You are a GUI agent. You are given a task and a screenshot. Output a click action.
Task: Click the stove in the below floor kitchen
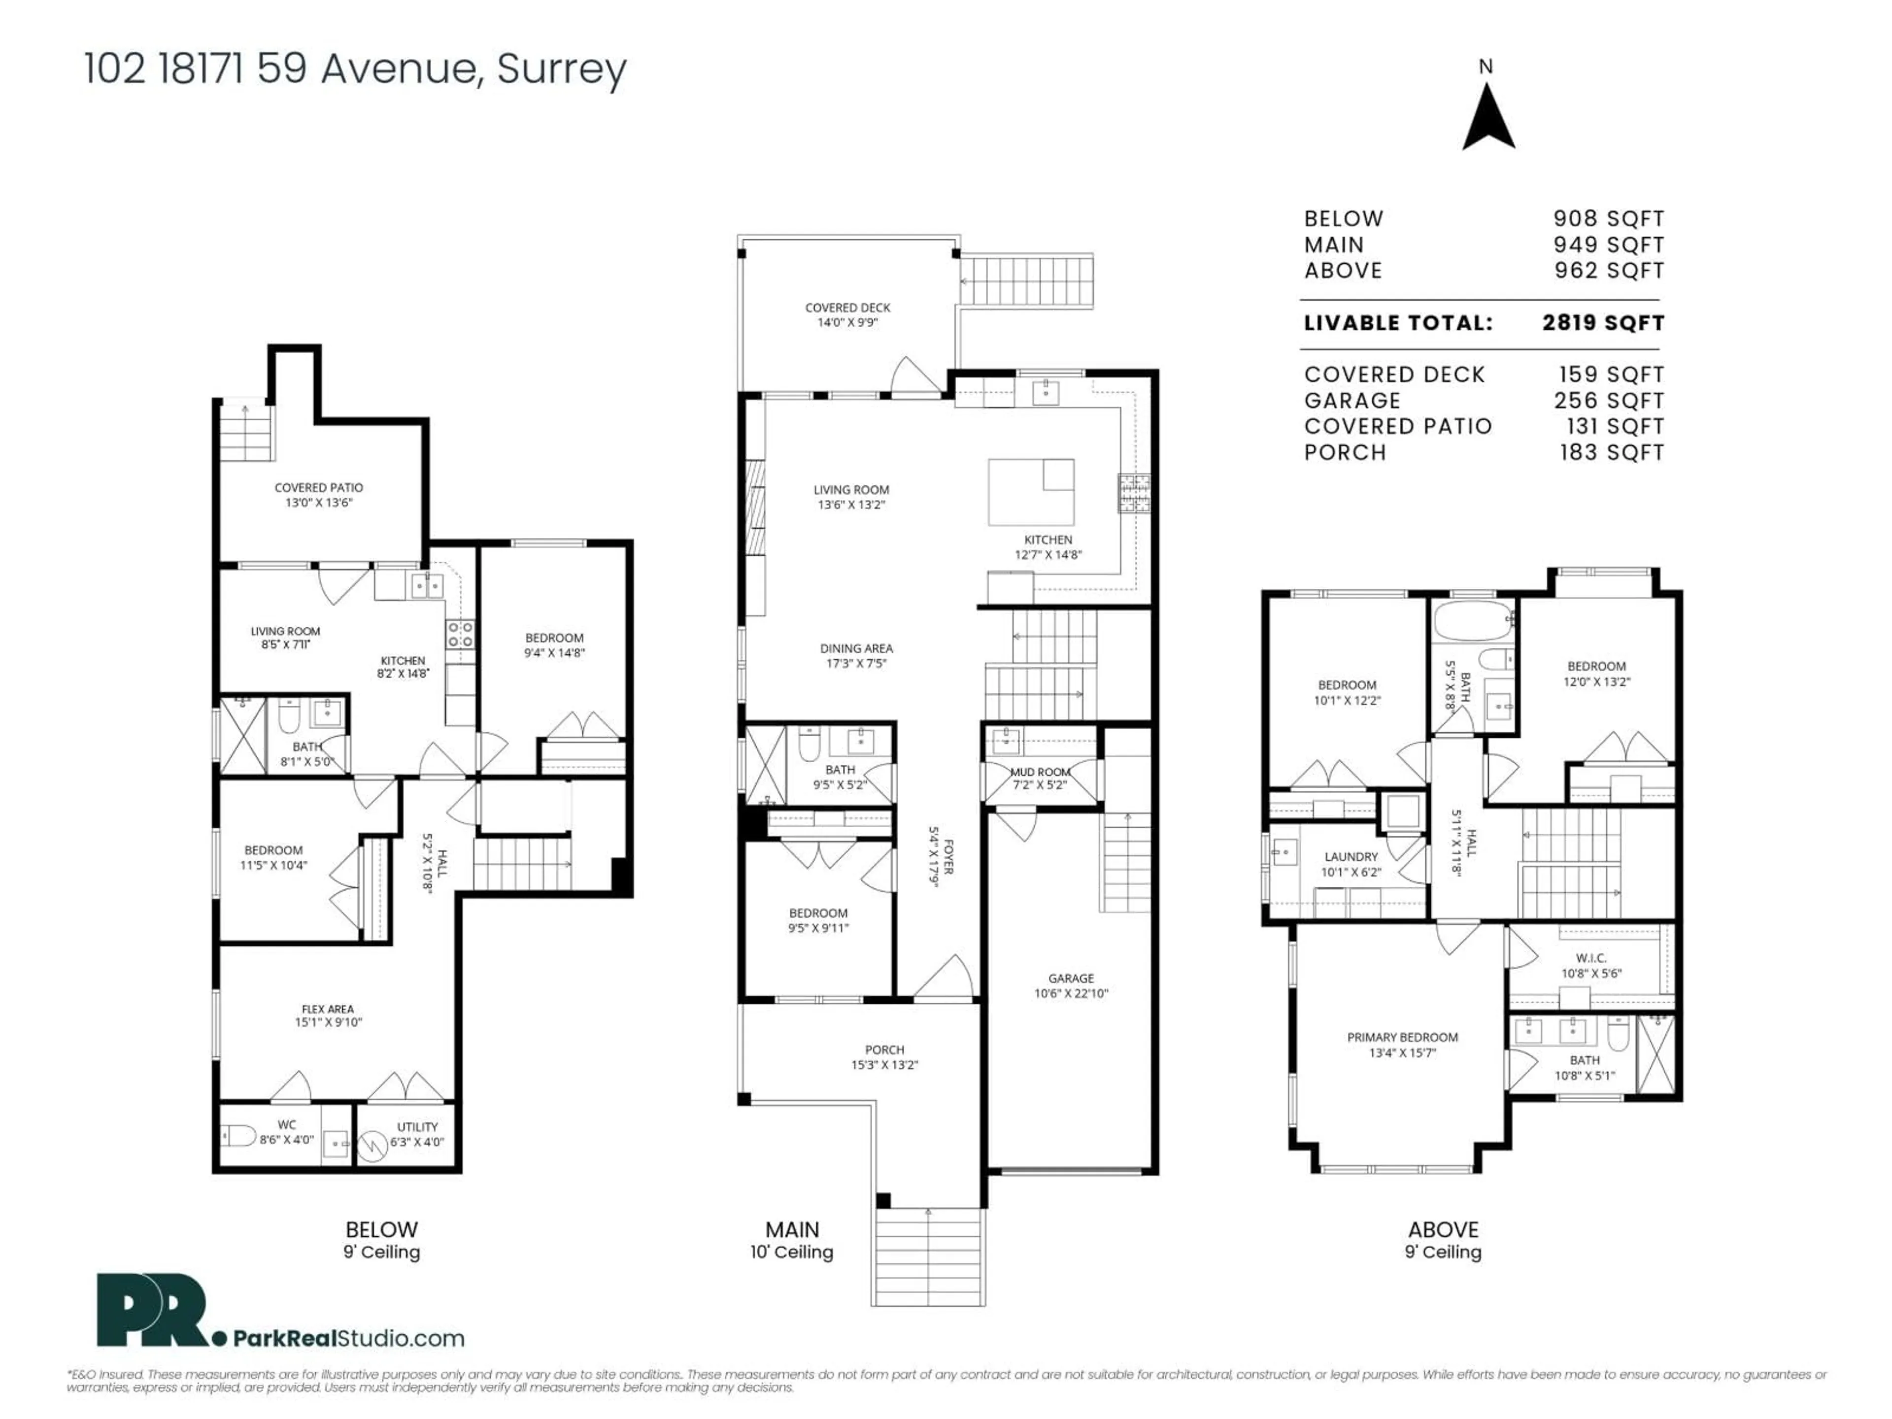[459, 634]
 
